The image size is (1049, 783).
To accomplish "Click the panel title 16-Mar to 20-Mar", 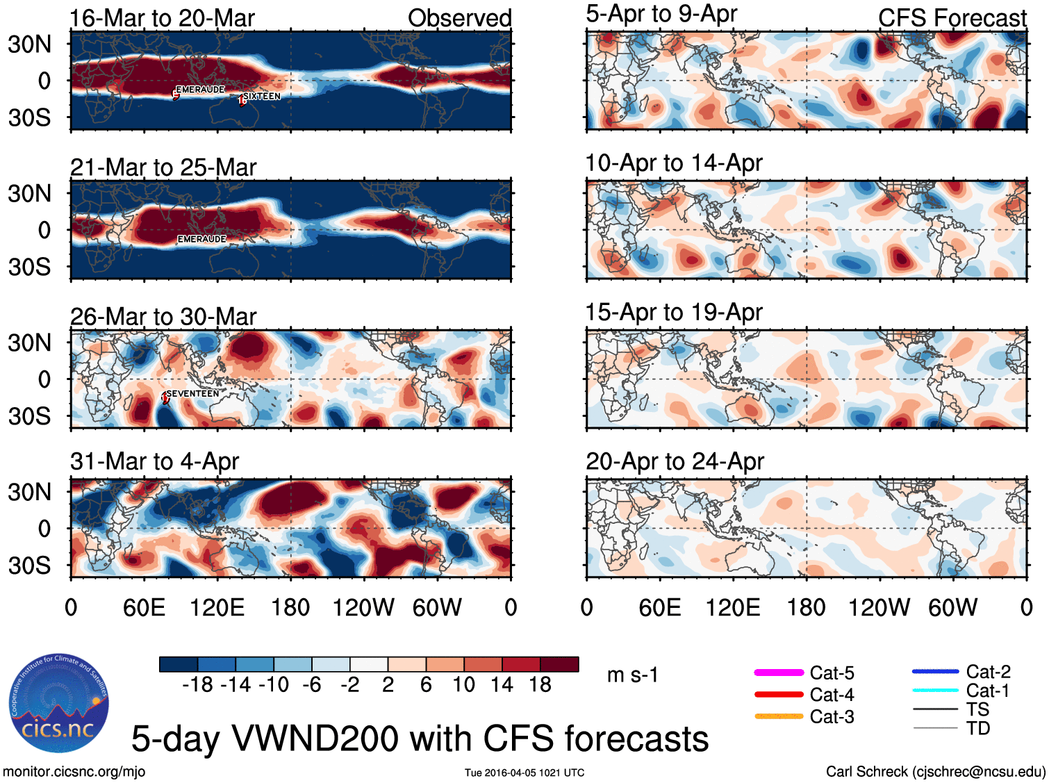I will point(162,18).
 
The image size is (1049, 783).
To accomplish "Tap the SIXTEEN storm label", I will point(261,97).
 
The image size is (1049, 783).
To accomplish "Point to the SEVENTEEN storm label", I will point(192,394).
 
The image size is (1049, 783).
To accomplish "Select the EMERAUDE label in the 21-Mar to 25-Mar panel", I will point(201,239).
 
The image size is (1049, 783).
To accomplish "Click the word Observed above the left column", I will point(459,18).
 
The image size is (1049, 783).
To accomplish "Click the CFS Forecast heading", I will point(952,18).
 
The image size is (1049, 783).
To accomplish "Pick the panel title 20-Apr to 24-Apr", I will point(675,461).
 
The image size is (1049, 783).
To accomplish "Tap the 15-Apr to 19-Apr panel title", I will point(674,312).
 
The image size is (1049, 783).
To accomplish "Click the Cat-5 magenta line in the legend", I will point(779,673).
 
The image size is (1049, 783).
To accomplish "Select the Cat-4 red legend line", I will point(779,694).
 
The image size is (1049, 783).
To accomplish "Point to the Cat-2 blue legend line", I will point(935,672).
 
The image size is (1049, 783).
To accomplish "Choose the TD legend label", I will point(977,728).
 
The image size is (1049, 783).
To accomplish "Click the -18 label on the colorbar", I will point(197,685).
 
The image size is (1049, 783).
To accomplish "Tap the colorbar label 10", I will point(463,685).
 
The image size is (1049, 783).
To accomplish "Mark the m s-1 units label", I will point(632,675).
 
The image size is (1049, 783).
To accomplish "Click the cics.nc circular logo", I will point(59,704).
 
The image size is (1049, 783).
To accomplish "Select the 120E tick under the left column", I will point(217,608).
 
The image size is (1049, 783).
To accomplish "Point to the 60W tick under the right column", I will point(952,608).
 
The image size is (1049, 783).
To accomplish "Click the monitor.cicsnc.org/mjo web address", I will point(74,772).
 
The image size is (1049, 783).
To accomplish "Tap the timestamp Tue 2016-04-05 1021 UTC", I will point(524,773).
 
